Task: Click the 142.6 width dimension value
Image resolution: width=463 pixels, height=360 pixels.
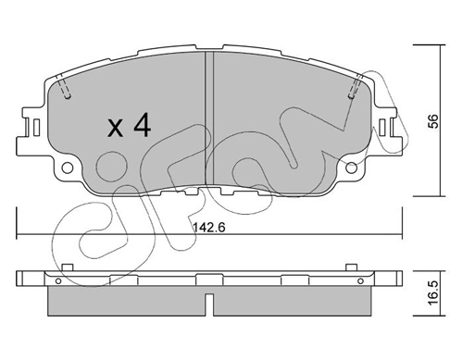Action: click(209, 228)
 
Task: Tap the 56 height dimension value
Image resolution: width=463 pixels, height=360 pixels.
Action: click(434, 121)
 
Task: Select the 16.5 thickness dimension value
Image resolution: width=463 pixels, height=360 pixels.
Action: click(434, 293)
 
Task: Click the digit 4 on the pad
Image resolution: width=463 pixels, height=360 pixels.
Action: click(142, 125)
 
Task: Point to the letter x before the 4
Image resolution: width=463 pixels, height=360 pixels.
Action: click(115, 129)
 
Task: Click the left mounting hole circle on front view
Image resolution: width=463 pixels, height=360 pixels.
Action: click(68, 168)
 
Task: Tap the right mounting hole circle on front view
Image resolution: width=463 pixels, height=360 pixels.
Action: click(351, 168)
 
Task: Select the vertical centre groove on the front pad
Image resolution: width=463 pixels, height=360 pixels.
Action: click(209, 118)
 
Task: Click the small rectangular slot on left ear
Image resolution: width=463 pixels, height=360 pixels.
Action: click(36, 127)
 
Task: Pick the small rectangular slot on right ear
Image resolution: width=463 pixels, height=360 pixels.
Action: click(382, 127)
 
